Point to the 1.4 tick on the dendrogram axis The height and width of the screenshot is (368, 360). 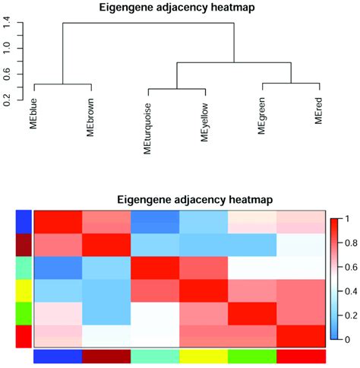[8, 24]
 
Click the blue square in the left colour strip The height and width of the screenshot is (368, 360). [24, 222]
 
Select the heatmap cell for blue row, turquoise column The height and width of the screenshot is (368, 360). [155, 222]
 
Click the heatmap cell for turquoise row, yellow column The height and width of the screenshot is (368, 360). [204, 268]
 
